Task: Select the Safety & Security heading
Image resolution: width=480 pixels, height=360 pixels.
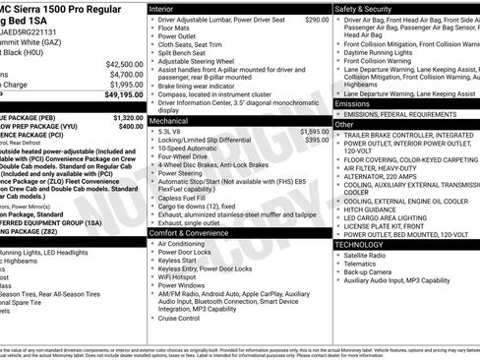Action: (366, 8)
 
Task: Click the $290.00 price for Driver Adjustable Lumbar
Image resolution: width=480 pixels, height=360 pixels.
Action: (317, 20)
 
